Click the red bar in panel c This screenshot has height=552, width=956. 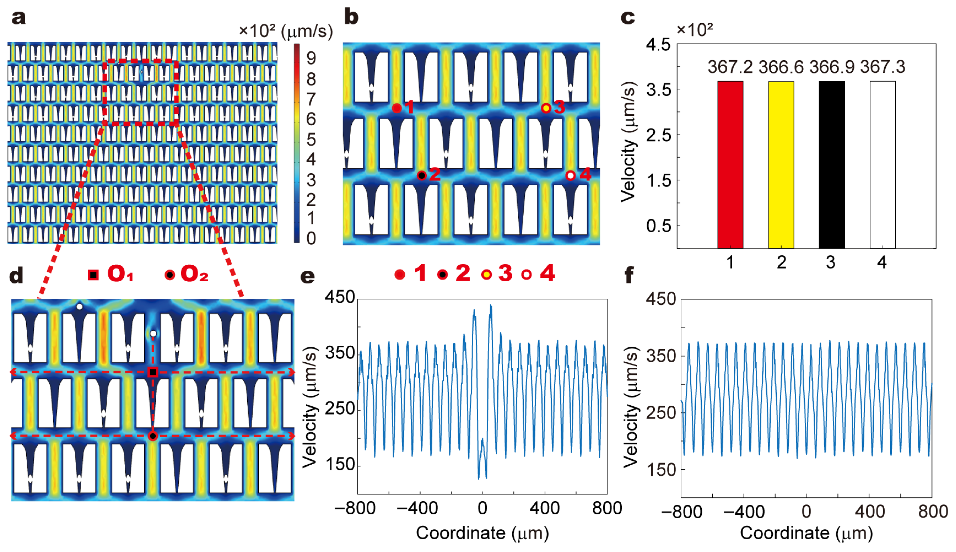pyautogui.click(x=730, y=165)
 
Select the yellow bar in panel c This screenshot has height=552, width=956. pyautogui.click(x=781, y=165)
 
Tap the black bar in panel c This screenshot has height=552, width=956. pyautogui.click(x=832, y=165)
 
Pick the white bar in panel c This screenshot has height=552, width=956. pyautogui.click(x=882, y=165)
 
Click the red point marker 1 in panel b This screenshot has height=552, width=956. pyautogui.click(x=396, y=108)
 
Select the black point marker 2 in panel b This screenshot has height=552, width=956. pyautogui.click(x=421, y=175)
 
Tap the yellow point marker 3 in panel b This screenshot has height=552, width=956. pyautogui.click(x=546, y=108)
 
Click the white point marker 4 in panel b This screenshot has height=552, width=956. pyautogui.click(x=570, y=175)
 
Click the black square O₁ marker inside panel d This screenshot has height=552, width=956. pyautogui.click(x=153, y=372)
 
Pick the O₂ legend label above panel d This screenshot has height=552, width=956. pyautogui.click(x=194, y=274)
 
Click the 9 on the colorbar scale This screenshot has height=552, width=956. pyautogui.click(x=311, y=58)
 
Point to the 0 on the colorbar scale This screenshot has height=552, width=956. pyautogui.click(x=311, y=239)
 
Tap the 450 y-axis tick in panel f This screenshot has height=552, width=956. pyautogui.click(x=661, y=299)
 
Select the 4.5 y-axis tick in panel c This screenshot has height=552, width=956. pyautogui.click(x=658, y=45)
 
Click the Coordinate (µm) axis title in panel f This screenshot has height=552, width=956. pyautogui.click(x=806, y=533)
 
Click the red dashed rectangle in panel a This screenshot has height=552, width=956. pyautogui.click(x=141, y=61)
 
